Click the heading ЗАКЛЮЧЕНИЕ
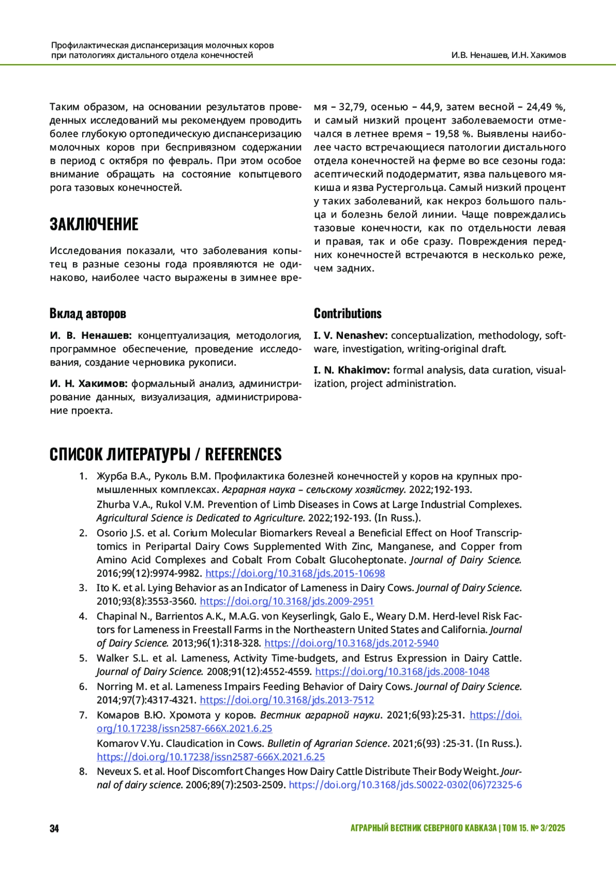point(94,224)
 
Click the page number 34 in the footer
point(54,828)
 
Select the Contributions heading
point(348,314)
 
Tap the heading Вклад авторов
point(88,314)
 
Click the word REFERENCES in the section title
point(243,454)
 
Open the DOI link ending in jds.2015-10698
point(295,573)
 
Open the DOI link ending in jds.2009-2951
point(286,601)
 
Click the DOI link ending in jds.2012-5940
point(351,643)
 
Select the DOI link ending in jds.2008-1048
point(402,671)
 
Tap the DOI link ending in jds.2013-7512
point(286,700)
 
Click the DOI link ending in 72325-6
point(405,785)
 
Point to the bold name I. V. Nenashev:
point(351,336)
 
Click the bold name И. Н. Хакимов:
point(89,383)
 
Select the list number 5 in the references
point(83,658)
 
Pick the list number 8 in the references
point(83,771)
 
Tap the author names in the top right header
point(508,55)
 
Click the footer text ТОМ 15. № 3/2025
point(533,828)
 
